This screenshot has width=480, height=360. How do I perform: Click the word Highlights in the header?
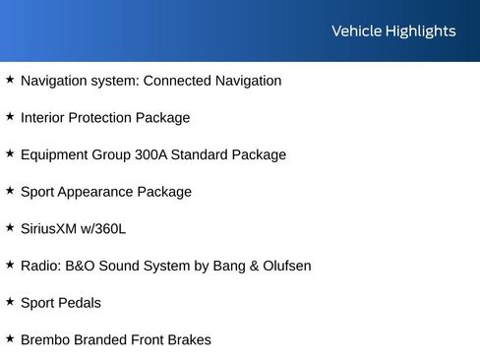click(420, 31)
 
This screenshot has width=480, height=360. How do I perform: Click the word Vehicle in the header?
click(356, 31)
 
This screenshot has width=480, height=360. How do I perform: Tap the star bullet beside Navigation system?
click(10, 80)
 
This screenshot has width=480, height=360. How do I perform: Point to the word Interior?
click(44, 118)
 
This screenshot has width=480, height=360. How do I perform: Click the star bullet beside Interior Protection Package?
click(10, 116)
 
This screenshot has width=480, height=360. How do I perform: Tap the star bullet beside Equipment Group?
click(10, 153)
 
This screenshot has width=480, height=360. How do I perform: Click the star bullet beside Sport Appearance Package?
click(10, 190)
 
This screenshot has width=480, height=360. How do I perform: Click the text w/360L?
click(105, 229)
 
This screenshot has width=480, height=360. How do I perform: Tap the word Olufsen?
click(284, 266)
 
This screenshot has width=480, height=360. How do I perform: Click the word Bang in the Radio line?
click(221, 266)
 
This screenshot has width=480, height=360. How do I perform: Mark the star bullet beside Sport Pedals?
click(10, 301)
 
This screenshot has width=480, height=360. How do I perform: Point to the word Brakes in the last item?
click(188, 340)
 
